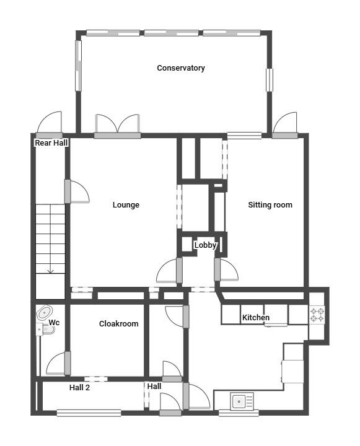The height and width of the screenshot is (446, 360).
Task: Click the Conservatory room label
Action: pyautogui.click(x=180, y=68)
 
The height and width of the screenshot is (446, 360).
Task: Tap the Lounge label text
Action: pyautogui.click(x=126, y=205)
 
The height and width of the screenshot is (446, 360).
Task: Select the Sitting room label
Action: pyautogui.click(x=270, y=205)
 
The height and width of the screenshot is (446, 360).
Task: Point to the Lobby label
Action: pyautogui.click(x=205, y=245)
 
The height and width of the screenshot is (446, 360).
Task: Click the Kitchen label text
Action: pyautogui.click(x=255, y=318)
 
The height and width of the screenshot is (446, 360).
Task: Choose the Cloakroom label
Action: pyautogui.click(x=118, y=324)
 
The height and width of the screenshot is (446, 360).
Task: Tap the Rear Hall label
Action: pyautogui.click(x=51, y=143)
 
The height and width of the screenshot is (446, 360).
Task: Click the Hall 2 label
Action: pyautogui.click(x=79, y=387)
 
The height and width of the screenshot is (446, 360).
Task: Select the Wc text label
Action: pyautogui.click(x=55, y=323)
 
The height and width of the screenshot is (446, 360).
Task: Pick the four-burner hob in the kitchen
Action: pyautogui.click(x=317, y=315)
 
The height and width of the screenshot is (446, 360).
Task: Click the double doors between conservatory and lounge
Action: pyautogui.click(x=117, y=125)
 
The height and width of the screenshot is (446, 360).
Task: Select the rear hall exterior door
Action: pyautogui.click(x=49, y=125)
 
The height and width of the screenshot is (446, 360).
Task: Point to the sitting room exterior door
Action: pyautogui.click(x=284, y=125)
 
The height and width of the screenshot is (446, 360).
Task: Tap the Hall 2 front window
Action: pyautogui.click(x=89, y=412)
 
